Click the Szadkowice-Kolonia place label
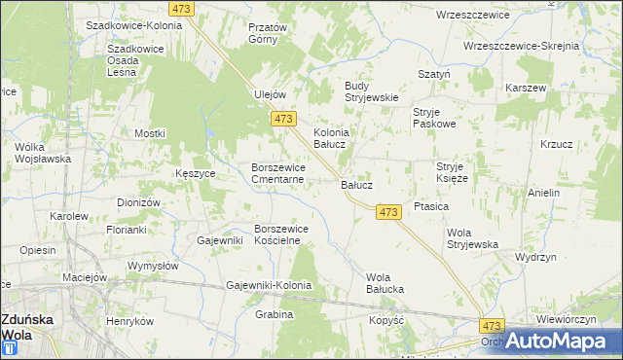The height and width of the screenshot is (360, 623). [133, 25]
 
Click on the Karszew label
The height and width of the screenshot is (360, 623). [527, 88]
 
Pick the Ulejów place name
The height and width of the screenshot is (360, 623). [269, 94]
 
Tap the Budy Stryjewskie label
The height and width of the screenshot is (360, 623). [372, 91]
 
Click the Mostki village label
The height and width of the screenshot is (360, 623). [151, 133]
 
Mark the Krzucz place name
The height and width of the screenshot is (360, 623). [556, 144]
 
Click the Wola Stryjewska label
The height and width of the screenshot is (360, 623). [472, 238]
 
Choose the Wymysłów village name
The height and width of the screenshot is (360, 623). [153, 266]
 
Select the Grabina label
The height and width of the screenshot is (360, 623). [275, 315]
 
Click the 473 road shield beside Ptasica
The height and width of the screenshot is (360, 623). [388, 212]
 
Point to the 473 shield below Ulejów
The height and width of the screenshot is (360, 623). [282, 119]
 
